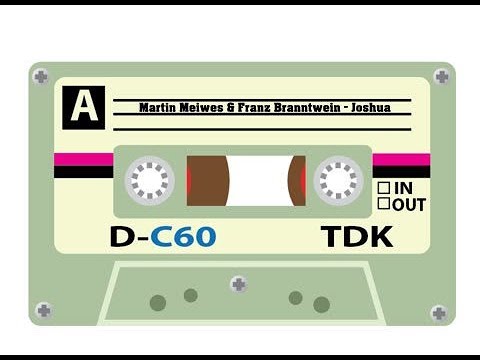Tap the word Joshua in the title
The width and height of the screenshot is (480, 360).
pyautogui.click(x=369, y=108)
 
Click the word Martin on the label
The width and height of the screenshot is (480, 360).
pyautogui.click(x=158, y=108)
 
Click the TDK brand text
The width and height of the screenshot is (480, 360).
pyautogui.click(x=357, y=237)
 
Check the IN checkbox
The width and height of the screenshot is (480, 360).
pyautogui.click(x=383, y=188)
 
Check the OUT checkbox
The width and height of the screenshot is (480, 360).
pyautogui.click(x=383, y=204)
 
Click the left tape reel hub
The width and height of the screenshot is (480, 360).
pyautogui.click(x=149, y=181)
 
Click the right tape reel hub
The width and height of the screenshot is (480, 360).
pyautogui.click(x=337, y=181)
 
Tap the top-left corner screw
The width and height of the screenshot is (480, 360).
pyautogui.click(x=41, y=76)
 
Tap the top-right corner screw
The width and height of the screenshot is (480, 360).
pyautogui.click(x=441, y=76)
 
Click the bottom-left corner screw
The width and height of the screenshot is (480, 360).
pyautogui.click(x=43, y=310)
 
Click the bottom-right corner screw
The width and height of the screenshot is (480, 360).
pyautogui.click(x=438, y=313)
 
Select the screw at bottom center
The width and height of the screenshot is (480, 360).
pyautogui.click(x=238, y=284)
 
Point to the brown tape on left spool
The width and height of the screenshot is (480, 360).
pyautogui.click(x=207, y=181)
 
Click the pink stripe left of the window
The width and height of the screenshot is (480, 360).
pyautogui.click(x=83, y=159)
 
